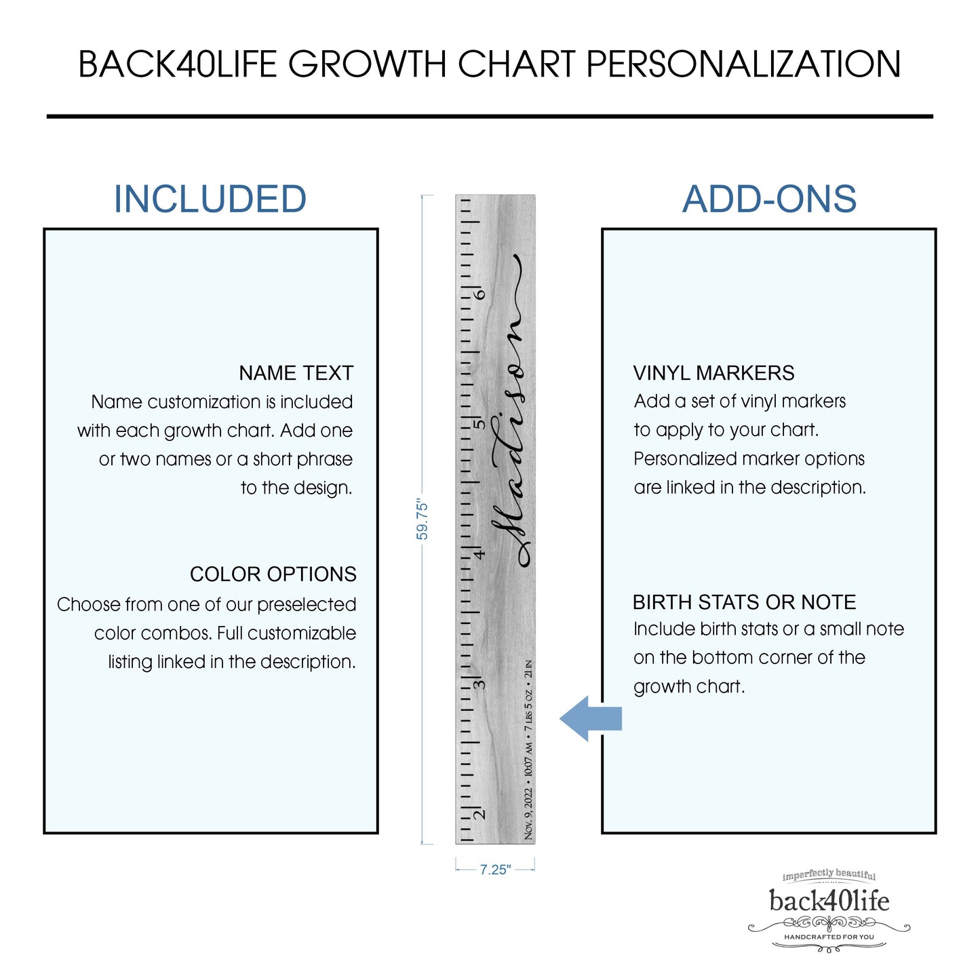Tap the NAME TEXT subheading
coord(296,373)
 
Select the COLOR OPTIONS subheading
coord(273,574)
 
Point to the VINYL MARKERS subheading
coord(713,373)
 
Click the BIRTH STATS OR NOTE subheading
coord(744,602)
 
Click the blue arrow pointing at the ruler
coord(591,719)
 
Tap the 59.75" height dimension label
coord(422,519)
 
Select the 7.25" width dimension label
coord(495,869)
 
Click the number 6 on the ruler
coord(479,294)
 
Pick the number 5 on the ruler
coord(479,424)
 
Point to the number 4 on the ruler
coord(479,554)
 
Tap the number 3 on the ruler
coord(479,684)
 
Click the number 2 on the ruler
coord(479,814)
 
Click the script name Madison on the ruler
coord(510,411)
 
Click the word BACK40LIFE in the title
coord(178,64)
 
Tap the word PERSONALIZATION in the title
coord(743,64)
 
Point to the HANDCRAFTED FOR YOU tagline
coord(829,937)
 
